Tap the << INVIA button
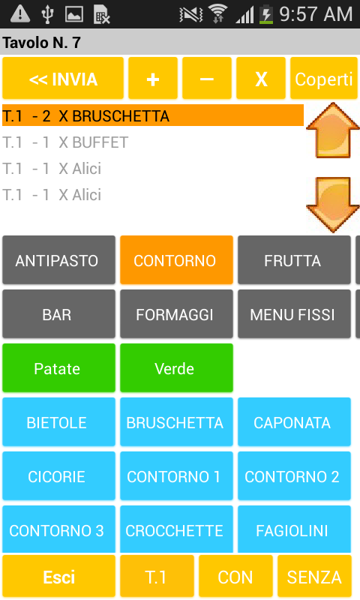[x=63, y=79]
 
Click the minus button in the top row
[x=206, y=79]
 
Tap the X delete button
[x=261, y=79]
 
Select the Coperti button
[x=324, y=79]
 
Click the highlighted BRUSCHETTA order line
[x=153, y=115]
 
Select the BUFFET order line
[x=65, y=142]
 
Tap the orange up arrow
[x=333, y=130]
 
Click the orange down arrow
[x=333, y=205]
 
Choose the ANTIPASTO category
[x=58, y=260]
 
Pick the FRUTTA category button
[x=294, y=260]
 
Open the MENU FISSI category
[x=294, y=314]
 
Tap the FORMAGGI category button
[x=176, y=314]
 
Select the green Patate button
[x=58, y=368]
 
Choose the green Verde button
[x=176, y=368]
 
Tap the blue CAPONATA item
[x=294, y=422]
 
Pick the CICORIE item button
[x=58, y=476]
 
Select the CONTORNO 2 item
[x=294, y=476]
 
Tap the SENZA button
[x=314, y=577]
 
